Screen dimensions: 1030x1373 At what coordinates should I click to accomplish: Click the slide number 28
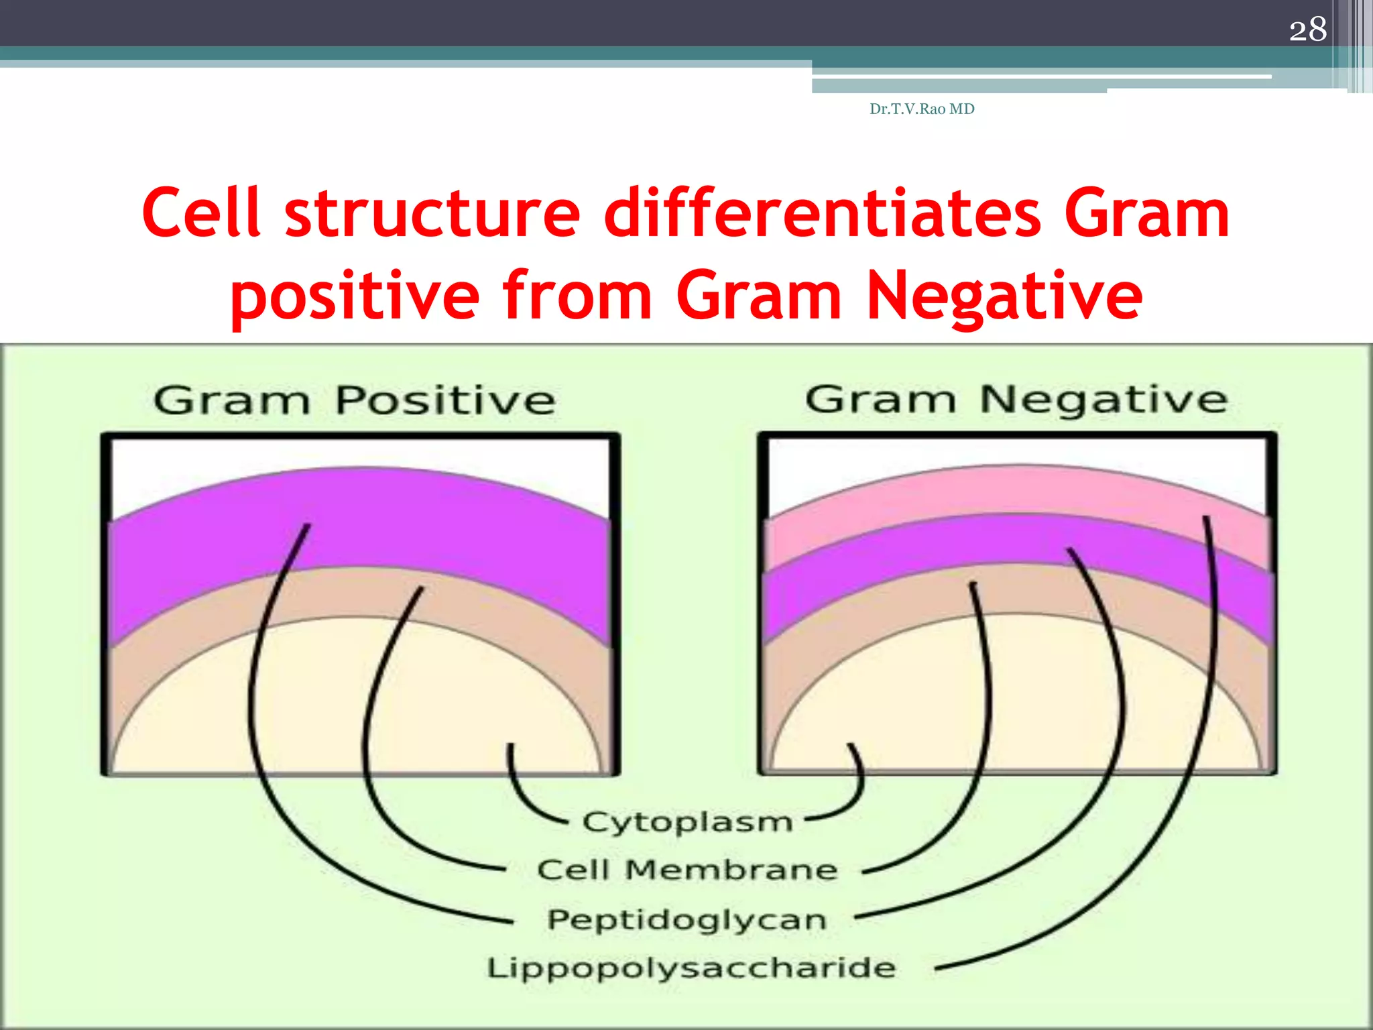click(1307, 30)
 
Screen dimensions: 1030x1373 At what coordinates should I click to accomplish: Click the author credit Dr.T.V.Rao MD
click(922, 109)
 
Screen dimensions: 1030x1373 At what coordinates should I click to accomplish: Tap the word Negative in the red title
click(1004, 295)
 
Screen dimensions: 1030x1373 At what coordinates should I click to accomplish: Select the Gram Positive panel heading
click(354, 400)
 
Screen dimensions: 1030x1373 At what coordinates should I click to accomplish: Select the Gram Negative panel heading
click(1016, 400)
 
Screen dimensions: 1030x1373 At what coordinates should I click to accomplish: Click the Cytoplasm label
click(687, 822)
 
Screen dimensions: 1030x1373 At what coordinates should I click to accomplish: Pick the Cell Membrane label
click(687, 870)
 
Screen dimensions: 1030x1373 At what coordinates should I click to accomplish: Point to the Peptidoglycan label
click(687, 919)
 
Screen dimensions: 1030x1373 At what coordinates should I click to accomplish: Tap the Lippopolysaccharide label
click(691, 968)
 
